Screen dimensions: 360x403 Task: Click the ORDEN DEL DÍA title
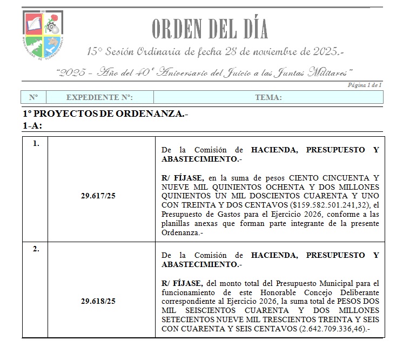pos(210,29)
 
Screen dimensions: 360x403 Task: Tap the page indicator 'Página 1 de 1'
pos(365,85)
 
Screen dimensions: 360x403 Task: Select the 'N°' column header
pos(33,97)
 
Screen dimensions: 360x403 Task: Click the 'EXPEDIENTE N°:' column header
pos(99,97)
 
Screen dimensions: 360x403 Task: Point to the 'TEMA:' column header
pos(268,97)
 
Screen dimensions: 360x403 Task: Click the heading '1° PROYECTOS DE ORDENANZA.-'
pos(105,115)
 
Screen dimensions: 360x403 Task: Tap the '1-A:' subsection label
pos(32,125)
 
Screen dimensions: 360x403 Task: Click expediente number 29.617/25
pos(100,196)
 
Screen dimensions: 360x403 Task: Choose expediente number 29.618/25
pos(100,301)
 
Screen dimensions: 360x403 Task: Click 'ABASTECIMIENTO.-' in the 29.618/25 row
pos(201,264)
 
